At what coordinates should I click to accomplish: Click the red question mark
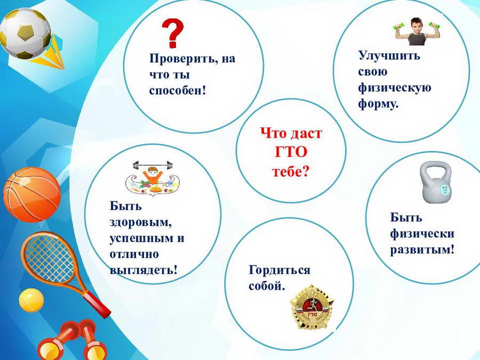coord(172,33)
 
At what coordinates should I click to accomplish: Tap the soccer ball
coord(26,34)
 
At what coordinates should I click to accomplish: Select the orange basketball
coord(32,195)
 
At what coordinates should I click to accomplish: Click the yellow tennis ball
coord(31,301)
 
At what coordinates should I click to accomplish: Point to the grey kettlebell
coord(436,182)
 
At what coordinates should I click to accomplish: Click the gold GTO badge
coord(311,308)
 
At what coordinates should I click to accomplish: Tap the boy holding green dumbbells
coord(417,31)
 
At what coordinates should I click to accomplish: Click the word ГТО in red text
coord(291,152)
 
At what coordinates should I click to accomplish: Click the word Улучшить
coord(389,55)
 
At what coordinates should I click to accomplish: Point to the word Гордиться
coord(279,270)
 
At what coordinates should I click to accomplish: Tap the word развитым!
coord(422,250)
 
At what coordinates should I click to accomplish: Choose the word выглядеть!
coord(143,270)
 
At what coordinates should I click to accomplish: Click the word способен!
coord(178,91)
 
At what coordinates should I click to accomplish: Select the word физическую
coord(395,88)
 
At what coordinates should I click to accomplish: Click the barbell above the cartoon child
coord(153,166)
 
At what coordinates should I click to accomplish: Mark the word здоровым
coord(140,222)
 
